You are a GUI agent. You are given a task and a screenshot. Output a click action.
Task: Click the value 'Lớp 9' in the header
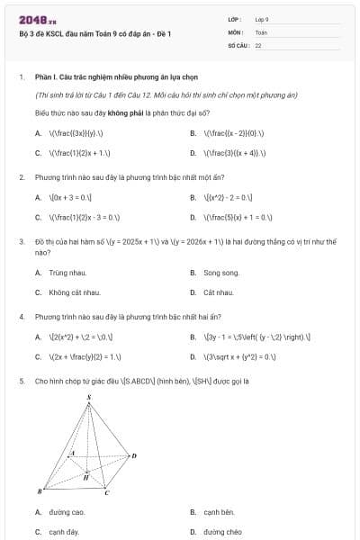tap(262, 19)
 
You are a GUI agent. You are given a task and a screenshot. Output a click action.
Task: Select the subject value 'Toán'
tap(261, 31)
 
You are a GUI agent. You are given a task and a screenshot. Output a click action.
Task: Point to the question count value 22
tap(258, 44)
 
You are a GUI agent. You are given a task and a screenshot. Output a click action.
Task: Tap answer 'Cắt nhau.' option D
tap(219, 292)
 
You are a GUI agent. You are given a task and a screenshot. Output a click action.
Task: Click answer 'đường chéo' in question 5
tap(221, 532)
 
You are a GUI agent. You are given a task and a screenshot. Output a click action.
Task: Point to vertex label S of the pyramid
tap(88, 397)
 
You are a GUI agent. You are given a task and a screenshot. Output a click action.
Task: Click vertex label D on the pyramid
tap(134, 455)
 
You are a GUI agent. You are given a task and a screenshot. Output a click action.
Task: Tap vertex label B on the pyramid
tap(39, 491)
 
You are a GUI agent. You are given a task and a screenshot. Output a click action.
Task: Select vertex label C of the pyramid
tap(106, 492)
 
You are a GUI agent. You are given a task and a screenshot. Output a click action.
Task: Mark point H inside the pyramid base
tap(85, 476)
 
